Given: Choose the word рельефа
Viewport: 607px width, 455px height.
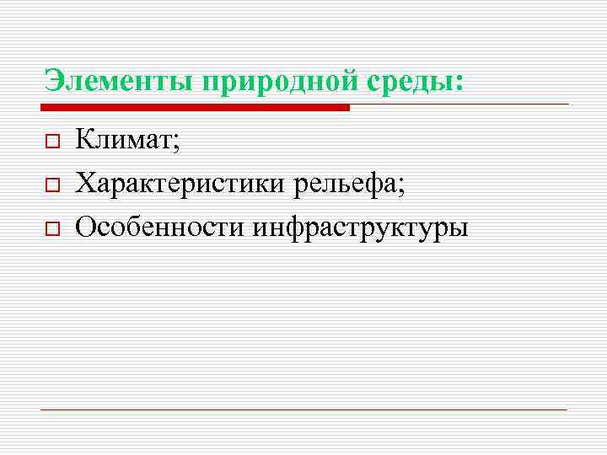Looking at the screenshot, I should pos(346,181).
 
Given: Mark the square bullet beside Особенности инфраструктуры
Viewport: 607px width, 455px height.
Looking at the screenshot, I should pos(51,227).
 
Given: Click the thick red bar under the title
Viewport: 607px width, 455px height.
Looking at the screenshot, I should pos(194,108).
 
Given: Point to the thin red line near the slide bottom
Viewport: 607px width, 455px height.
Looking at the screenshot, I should pos(303,409).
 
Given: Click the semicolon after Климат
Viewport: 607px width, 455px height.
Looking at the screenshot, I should pos(177,143).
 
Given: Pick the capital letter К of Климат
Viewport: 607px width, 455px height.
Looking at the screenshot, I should pos(84,139).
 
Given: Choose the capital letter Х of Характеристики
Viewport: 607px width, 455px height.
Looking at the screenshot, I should pos(84,181).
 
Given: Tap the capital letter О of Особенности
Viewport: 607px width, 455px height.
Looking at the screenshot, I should pos(85,225).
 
